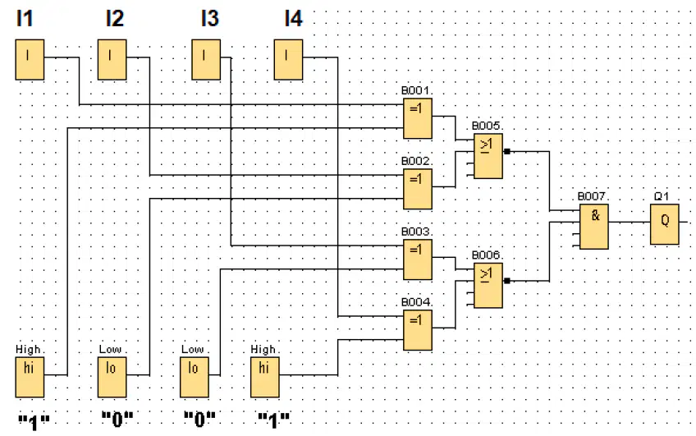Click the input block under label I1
(30, 59)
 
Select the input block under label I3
(206, 59)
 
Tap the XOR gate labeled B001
(418, 118)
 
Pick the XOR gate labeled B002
(418, 189)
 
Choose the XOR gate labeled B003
(418, 259)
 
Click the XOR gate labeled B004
(418, 330)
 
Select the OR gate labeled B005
(488, 156)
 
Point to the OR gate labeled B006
(488, 286)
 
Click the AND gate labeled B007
(594, 227)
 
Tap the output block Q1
(665, 224)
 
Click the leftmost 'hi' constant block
(30, 378)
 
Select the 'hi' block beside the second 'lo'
(265, 378)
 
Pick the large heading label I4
(293, 19)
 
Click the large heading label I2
(115, 19)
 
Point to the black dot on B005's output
(507, 151)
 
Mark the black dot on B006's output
(507, 281)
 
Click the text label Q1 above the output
(662, 196)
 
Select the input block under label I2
(112, 59)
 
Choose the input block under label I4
(289, 59)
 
